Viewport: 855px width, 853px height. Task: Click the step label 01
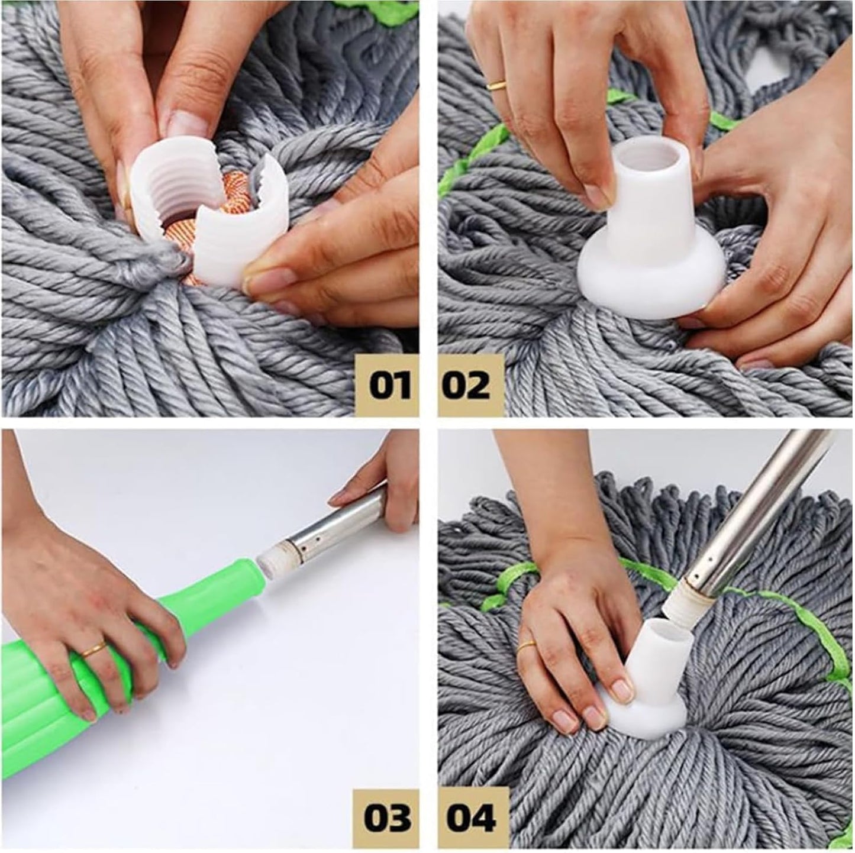pos(389,386)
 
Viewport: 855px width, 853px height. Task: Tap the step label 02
pos(466,386)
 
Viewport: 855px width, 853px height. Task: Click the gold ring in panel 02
pos(496,85)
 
